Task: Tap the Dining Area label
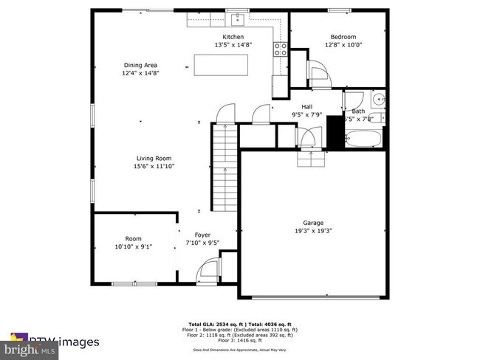(x=140, y=65)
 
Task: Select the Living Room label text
(x=153, y=158)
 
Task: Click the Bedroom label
(x=343, y=37)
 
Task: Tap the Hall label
(x=306, y=107)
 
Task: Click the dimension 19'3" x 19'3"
(x=313, y=230)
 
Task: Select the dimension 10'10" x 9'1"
(x=133, y=246)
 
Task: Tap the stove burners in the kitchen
(x=281, y=49)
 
